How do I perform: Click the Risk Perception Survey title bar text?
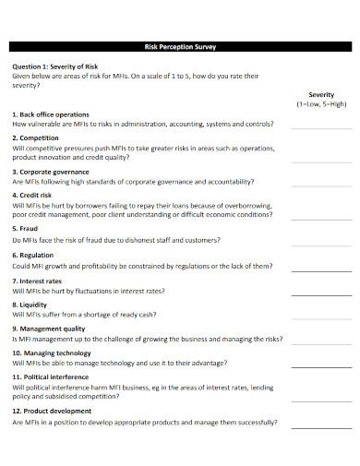click(179, 45)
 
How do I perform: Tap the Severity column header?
click(321, 95)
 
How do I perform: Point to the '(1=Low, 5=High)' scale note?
click(321, 104)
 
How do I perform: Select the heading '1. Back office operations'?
click(52, 114)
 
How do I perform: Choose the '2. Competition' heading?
click(36, 137)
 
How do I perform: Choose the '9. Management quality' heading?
click(49, 328)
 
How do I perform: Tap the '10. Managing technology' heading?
click(52, 352)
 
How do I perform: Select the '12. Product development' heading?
click(52, 411)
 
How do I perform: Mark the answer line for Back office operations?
click(321, 127)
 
